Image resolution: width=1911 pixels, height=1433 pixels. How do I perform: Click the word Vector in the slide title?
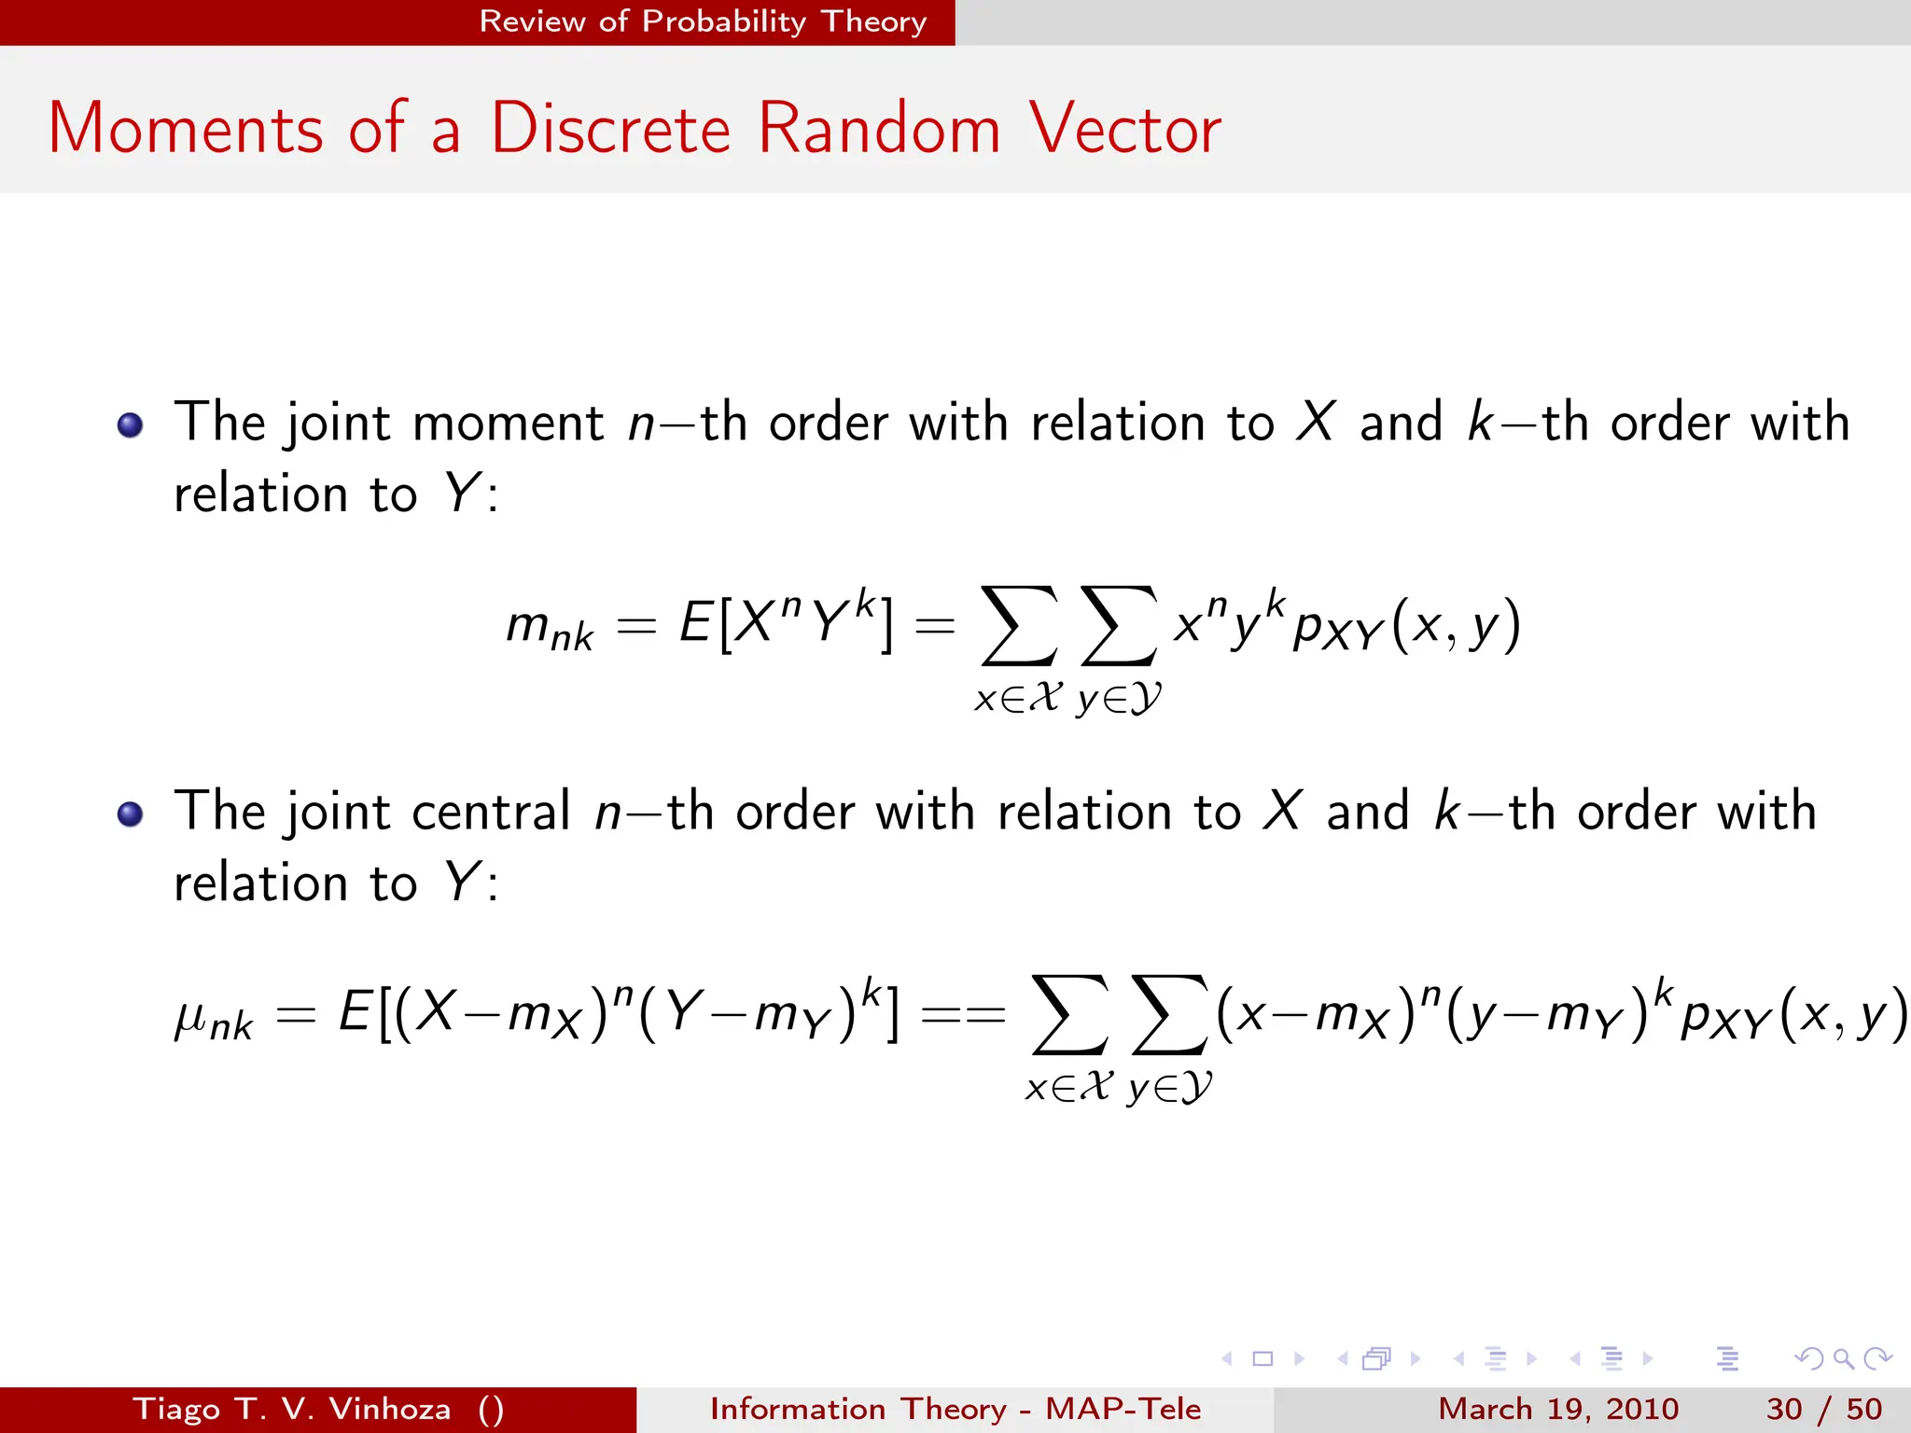[x=1124, y=129]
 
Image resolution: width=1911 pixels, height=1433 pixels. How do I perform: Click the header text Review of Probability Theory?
[x=703, y=21]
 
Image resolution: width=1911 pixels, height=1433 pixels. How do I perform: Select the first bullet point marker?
[x=130, y=425]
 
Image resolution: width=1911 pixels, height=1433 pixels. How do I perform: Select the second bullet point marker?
[x=130, y=814]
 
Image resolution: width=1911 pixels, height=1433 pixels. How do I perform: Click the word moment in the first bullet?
[x=508, y=424]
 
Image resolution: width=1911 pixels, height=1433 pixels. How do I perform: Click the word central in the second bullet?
[x=490, y=812]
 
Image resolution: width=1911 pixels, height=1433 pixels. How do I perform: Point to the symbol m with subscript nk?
[x=549, y=628]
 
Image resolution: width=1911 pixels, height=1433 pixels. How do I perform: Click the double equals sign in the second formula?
[x=963, y=1014]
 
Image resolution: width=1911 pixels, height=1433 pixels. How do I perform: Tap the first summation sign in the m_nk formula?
[x=1018, y=625]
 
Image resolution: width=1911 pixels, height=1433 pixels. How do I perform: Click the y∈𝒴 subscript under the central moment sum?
[x=1169, y=1088]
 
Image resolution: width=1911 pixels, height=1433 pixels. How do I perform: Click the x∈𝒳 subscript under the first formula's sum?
[x=1018, y=699]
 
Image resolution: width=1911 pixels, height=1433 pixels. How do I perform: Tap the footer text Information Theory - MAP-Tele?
[x=955, y=1409]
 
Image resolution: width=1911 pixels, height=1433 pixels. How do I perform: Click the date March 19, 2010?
[x=1558, y=1409]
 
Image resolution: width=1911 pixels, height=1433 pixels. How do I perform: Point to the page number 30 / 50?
[x=1823, y=1409]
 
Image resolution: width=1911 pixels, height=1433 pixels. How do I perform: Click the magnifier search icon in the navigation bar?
[x=1843, y=1358]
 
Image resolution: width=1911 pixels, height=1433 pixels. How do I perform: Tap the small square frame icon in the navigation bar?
[x=1262, y=1358]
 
